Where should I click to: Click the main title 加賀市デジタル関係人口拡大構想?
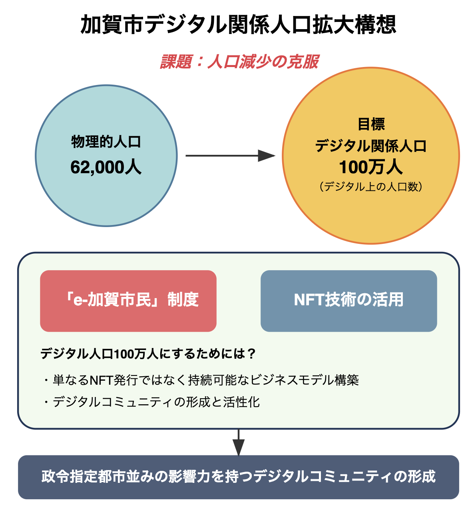point(238,25)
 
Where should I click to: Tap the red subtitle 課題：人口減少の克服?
point(239,62)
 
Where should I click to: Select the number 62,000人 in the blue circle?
point(106,167)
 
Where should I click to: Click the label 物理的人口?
point(106,142)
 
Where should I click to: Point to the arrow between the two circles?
point(230,156)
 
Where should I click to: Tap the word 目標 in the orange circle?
point(371,124)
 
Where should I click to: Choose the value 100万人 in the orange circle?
point(371,167)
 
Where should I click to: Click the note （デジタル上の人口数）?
point(371,186)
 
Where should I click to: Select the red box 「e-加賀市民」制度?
point(128,301)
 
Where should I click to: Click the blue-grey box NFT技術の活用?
point(349,301)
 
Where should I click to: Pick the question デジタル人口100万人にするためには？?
point(148,354)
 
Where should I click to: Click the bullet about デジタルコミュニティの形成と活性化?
point(152,402)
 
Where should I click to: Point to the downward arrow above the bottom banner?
point(238,442)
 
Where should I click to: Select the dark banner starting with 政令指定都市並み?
point(238,477)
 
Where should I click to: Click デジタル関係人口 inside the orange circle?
point(371,146)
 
